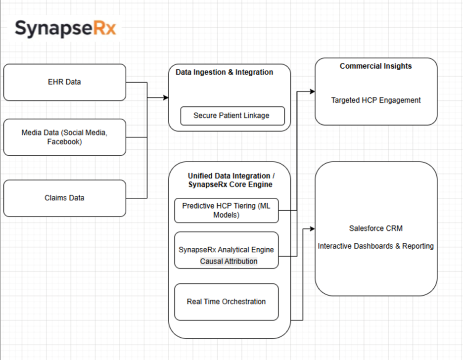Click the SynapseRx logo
tap(65, 28)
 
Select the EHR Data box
tap(65, 82)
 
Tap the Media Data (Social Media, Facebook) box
tap(65, 137)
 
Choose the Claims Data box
tap(65, 198)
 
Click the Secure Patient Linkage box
tap(231, 116)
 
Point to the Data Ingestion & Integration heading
tap(224, 72)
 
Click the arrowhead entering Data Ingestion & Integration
tap(166, 97)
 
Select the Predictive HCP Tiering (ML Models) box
tap(226, 211)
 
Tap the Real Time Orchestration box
tap(226, 302)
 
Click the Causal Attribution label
tap(229, 261)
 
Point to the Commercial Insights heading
tap(375, 66)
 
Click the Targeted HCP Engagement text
tap(376, 100)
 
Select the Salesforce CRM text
tap(376, 228)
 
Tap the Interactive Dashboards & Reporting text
tap(376, 246)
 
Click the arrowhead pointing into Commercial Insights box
tap(312, 91)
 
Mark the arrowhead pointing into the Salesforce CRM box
tap(312, 228)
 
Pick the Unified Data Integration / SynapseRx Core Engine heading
tap(229, 180)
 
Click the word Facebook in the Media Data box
tap(64, 142)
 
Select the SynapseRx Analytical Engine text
tap(226, 250)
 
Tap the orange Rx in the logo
tap(104, 28)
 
